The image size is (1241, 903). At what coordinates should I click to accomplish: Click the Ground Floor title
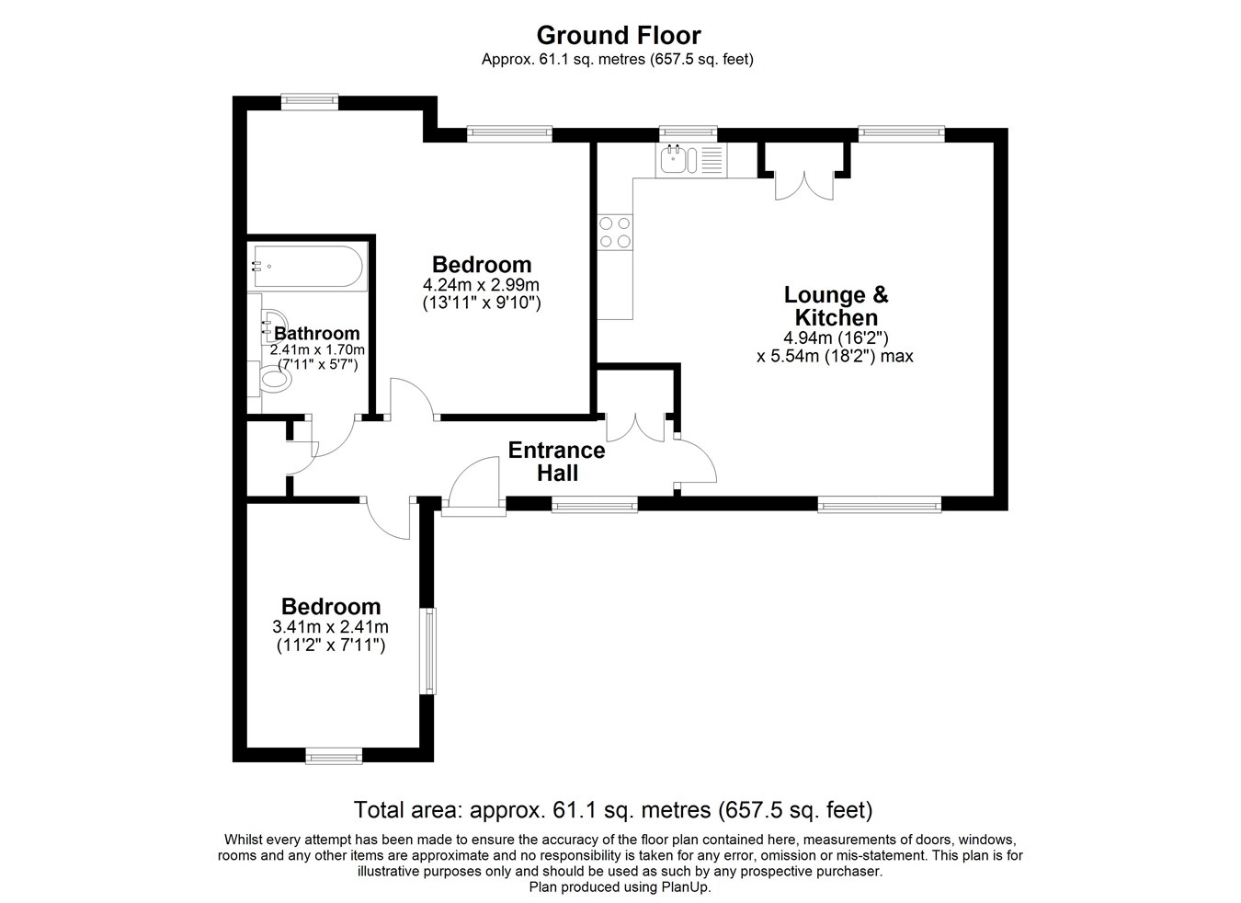point(619,36)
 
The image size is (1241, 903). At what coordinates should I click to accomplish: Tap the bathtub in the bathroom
point(307,267)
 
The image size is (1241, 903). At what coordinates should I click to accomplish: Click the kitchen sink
point(676,160)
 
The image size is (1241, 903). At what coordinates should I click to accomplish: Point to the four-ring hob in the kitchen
point(615,233)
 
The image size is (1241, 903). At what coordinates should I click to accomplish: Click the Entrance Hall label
point(557,462)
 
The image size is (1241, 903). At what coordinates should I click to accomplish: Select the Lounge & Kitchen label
point(836,306)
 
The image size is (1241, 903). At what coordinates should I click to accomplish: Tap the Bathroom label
point(317,333)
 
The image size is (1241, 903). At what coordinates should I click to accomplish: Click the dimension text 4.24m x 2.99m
point(481,285)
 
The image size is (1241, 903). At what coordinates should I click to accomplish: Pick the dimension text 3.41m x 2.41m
point(330,627)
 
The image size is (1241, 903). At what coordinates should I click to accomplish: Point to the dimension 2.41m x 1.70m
point(317,349)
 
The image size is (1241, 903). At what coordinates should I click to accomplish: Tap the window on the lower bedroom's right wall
point(427,651)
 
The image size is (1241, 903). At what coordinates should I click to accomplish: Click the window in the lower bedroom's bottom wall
point(334,756)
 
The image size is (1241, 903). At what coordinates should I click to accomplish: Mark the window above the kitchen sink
point(688,133)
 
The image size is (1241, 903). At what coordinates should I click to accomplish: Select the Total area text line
point(613,810)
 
